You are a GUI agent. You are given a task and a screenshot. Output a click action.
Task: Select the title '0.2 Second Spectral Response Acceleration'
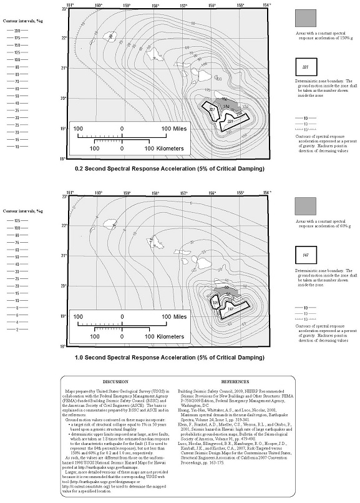pos(169,169)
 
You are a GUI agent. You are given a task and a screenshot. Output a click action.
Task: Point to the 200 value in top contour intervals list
pos(17,31)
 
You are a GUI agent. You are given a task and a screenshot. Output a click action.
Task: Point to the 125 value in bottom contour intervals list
pos(17,220)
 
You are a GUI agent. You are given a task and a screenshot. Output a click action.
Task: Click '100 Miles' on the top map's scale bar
pos(173,129)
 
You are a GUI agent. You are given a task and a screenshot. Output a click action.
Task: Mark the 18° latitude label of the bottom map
pos(63,346)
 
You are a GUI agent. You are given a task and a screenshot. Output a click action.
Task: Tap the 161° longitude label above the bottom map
pos(70,193)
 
